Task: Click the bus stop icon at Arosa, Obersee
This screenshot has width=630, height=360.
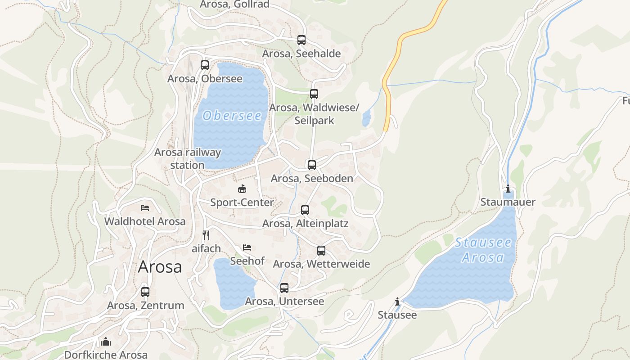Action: coord(205,65)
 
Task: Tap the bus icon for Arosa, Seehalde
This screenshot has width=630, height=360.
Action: coord(301,40)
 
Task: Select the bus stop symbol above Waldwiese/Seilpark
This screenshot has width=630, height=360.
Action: coord(314,94)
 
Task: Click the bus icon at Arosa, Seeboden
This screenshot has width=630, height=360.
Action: coord(312,165)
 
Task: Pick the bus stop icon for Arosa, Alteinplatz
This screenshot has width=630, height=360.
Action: coord(305,210)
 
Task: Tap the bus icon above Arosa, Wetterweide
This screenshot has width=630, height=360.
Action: coord(321,251)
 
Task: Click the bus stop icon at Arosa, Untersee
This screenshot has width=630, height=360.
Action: coord(284,288)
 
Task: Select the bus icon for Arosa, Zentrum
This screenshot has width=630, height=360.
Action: coord(145,292)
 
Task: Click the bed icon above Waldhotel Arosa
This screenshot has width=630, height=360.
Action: coord(145,208)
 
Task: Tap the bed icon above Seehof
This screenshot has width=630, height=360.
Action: coord(247,247)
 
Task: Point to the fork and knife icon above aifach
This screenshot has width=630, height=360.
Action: coord(206,235)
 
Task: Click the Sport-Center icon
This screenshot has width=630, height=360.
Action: coord(242,189)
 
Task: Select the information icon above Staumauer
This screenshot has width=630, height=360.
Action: coord(508,189)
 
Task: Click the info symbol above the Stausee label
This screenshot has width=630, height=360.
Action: coord(397,301)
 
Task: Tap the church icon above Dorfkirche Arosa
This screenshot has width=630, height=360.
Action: coord(106,342)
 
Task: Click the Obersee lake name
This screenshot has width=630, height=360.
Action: coord(232,116)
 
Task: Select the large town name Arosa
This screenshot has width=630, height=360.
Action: coord(160,267)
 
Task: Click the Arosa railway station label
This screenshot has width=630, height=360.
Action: coord(188,158)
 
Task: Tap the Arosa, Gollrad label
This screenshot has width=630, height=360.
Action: coord(234,4)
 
